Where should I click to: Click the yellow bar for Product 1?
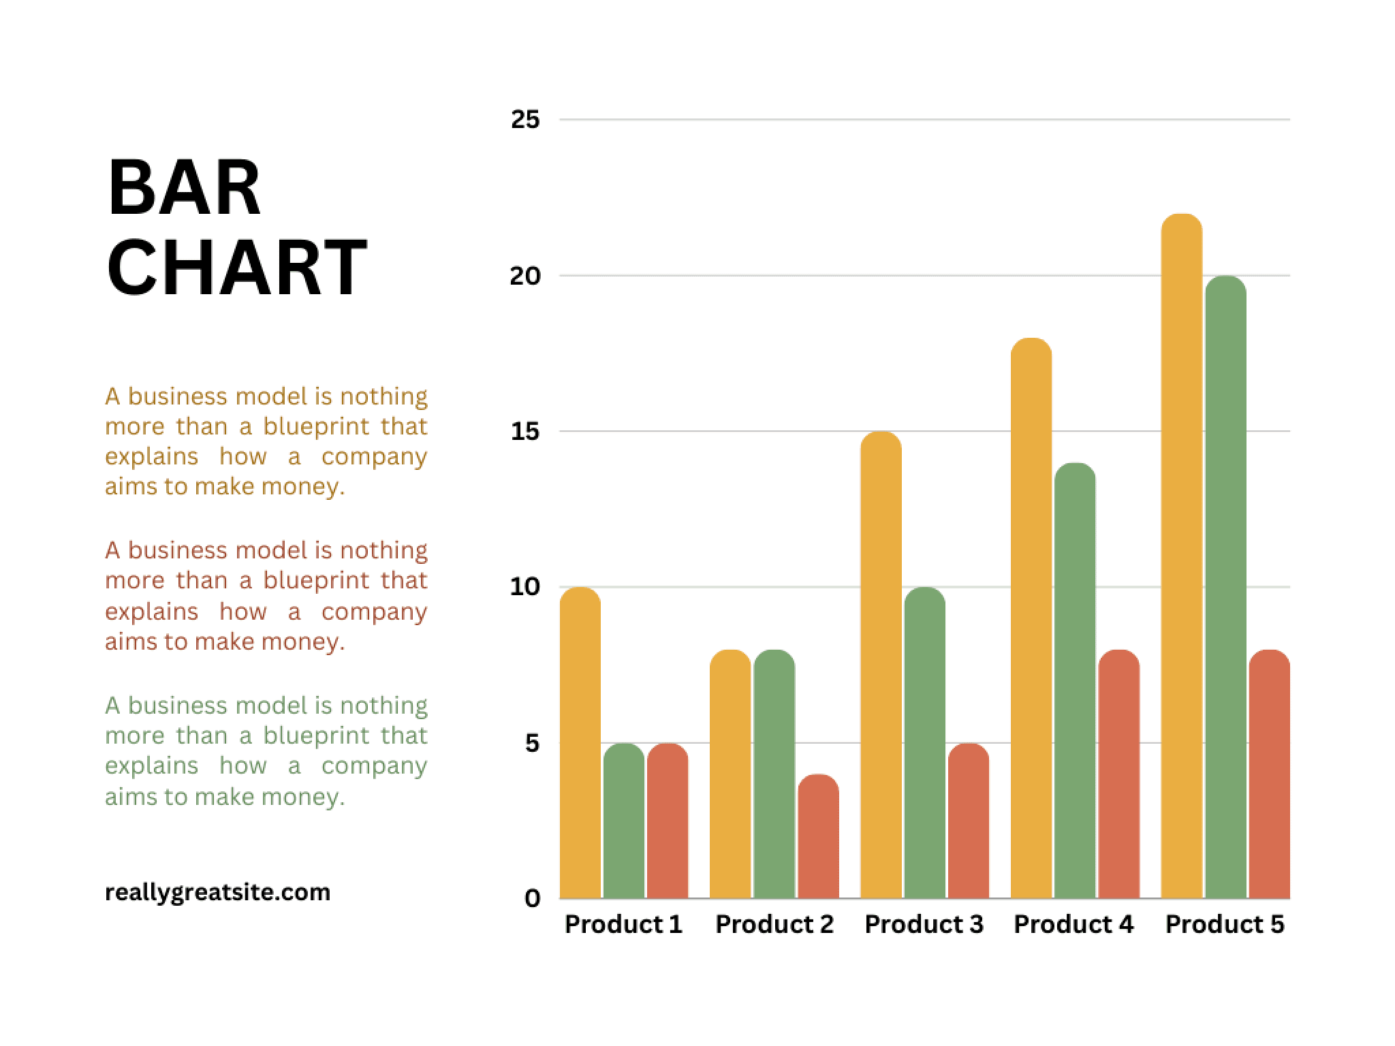point(580,742)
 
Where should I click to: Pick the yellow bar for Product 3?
point(881,665)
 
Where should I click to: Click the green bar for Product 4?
point(1075,681)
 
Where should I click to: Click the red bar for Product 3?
point(968,821)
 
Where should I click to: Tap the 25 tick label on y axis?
point(524,120)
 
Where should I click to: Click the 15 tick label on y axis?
point(524,431)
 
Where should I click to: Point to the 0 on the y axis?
point(532,898)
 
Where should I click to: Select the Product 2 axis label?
point(774,924)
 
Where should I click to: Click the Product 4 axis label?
point(1073,924)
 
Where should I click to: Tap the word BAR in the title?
point(184,189)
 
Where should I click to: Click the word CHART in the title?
point(236,268)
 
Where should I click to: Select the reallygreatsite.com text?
point(217,892)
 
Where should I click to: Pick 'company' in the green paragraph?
point(374,765)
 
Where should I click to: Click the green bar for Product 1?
point(623,821)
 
